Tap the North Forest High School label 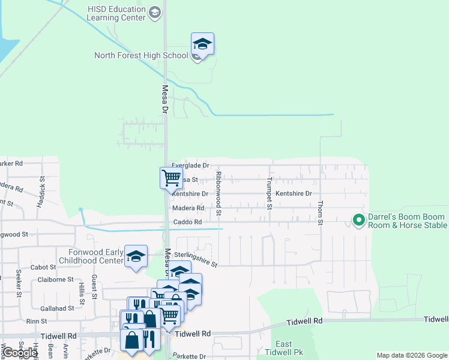142,56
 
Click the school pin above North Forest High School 203,44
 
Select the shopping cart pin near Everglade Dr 171,178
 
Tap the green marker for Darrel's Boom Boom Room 359,221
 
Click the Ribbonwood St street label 218,193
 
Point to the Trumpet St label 270,194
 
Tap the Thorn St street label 321,214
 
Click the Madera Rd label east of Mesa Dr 188,208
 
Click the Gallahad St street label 55,308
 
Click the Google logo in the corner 20,353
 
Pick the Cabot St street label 43,268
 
